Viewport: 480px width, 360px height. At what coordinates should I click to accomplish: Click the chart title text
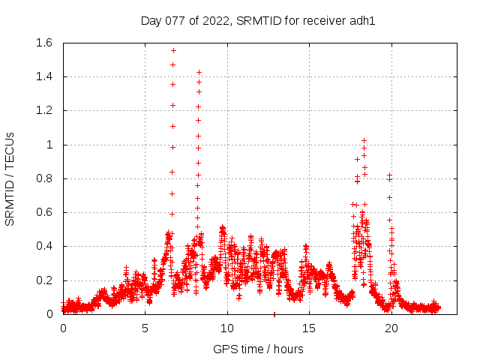[258, 20]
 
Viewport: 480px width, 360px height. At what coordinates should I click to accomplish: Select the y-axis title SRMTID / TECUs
[10, 179]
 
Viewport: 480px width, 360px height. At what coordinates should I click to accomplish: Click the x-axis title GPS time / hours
[258, 349]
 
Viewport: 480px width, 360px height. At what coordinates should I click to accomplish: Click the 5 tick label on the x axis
[145, 328]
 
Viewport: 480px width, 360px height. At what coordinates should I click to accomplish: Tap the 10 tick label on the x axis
[226, 328]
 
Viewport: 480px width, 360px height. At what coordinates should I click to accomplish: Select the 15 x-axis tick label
[308, 328]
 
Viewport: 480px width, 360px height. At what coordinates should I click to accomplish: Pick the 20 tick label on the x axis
[391, 328]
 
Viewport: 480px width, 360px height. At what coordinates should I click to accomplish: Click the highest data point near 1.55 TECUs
[173, 50]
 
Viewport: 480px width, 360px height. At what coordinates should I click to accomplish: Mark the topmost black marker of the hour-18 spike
[364, 140]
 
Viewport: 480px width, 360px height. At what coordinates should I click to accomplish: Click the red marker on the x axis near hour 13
[274, 313]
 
